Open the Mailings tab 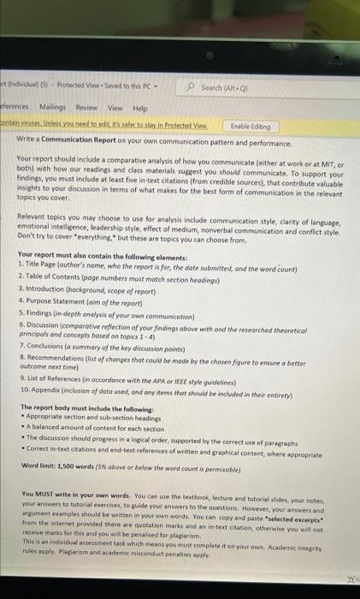coord(54,110)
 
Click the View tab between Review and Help coord(115,110)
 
